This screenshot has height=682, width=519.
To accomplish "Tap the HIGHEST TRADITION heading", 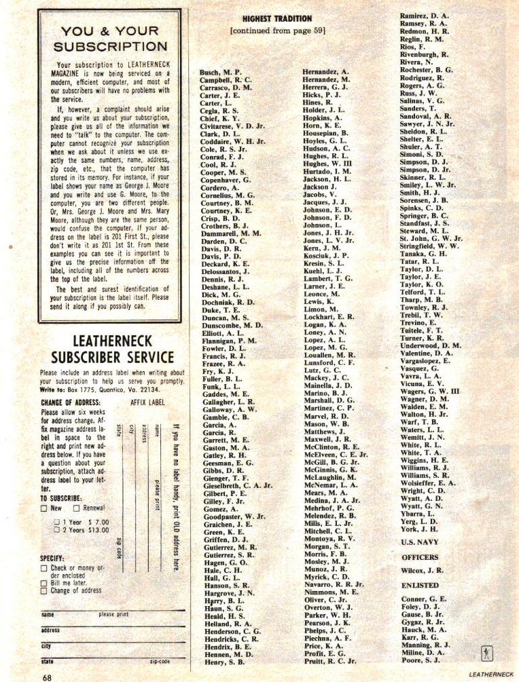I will [276, 18].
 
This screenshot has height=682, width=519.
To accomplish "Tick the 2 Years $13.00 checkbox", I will [58, 530].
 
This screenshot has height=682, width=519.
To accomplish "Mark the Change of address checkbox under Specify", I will [44, 590].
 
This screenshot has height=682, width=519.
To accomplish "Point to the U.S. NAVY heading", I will [423, 542].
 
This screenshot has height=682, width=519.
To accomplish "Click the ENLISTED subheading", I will [420, 585].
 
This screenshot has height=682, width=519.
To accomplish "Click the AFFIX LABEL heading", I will [147, 402].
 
